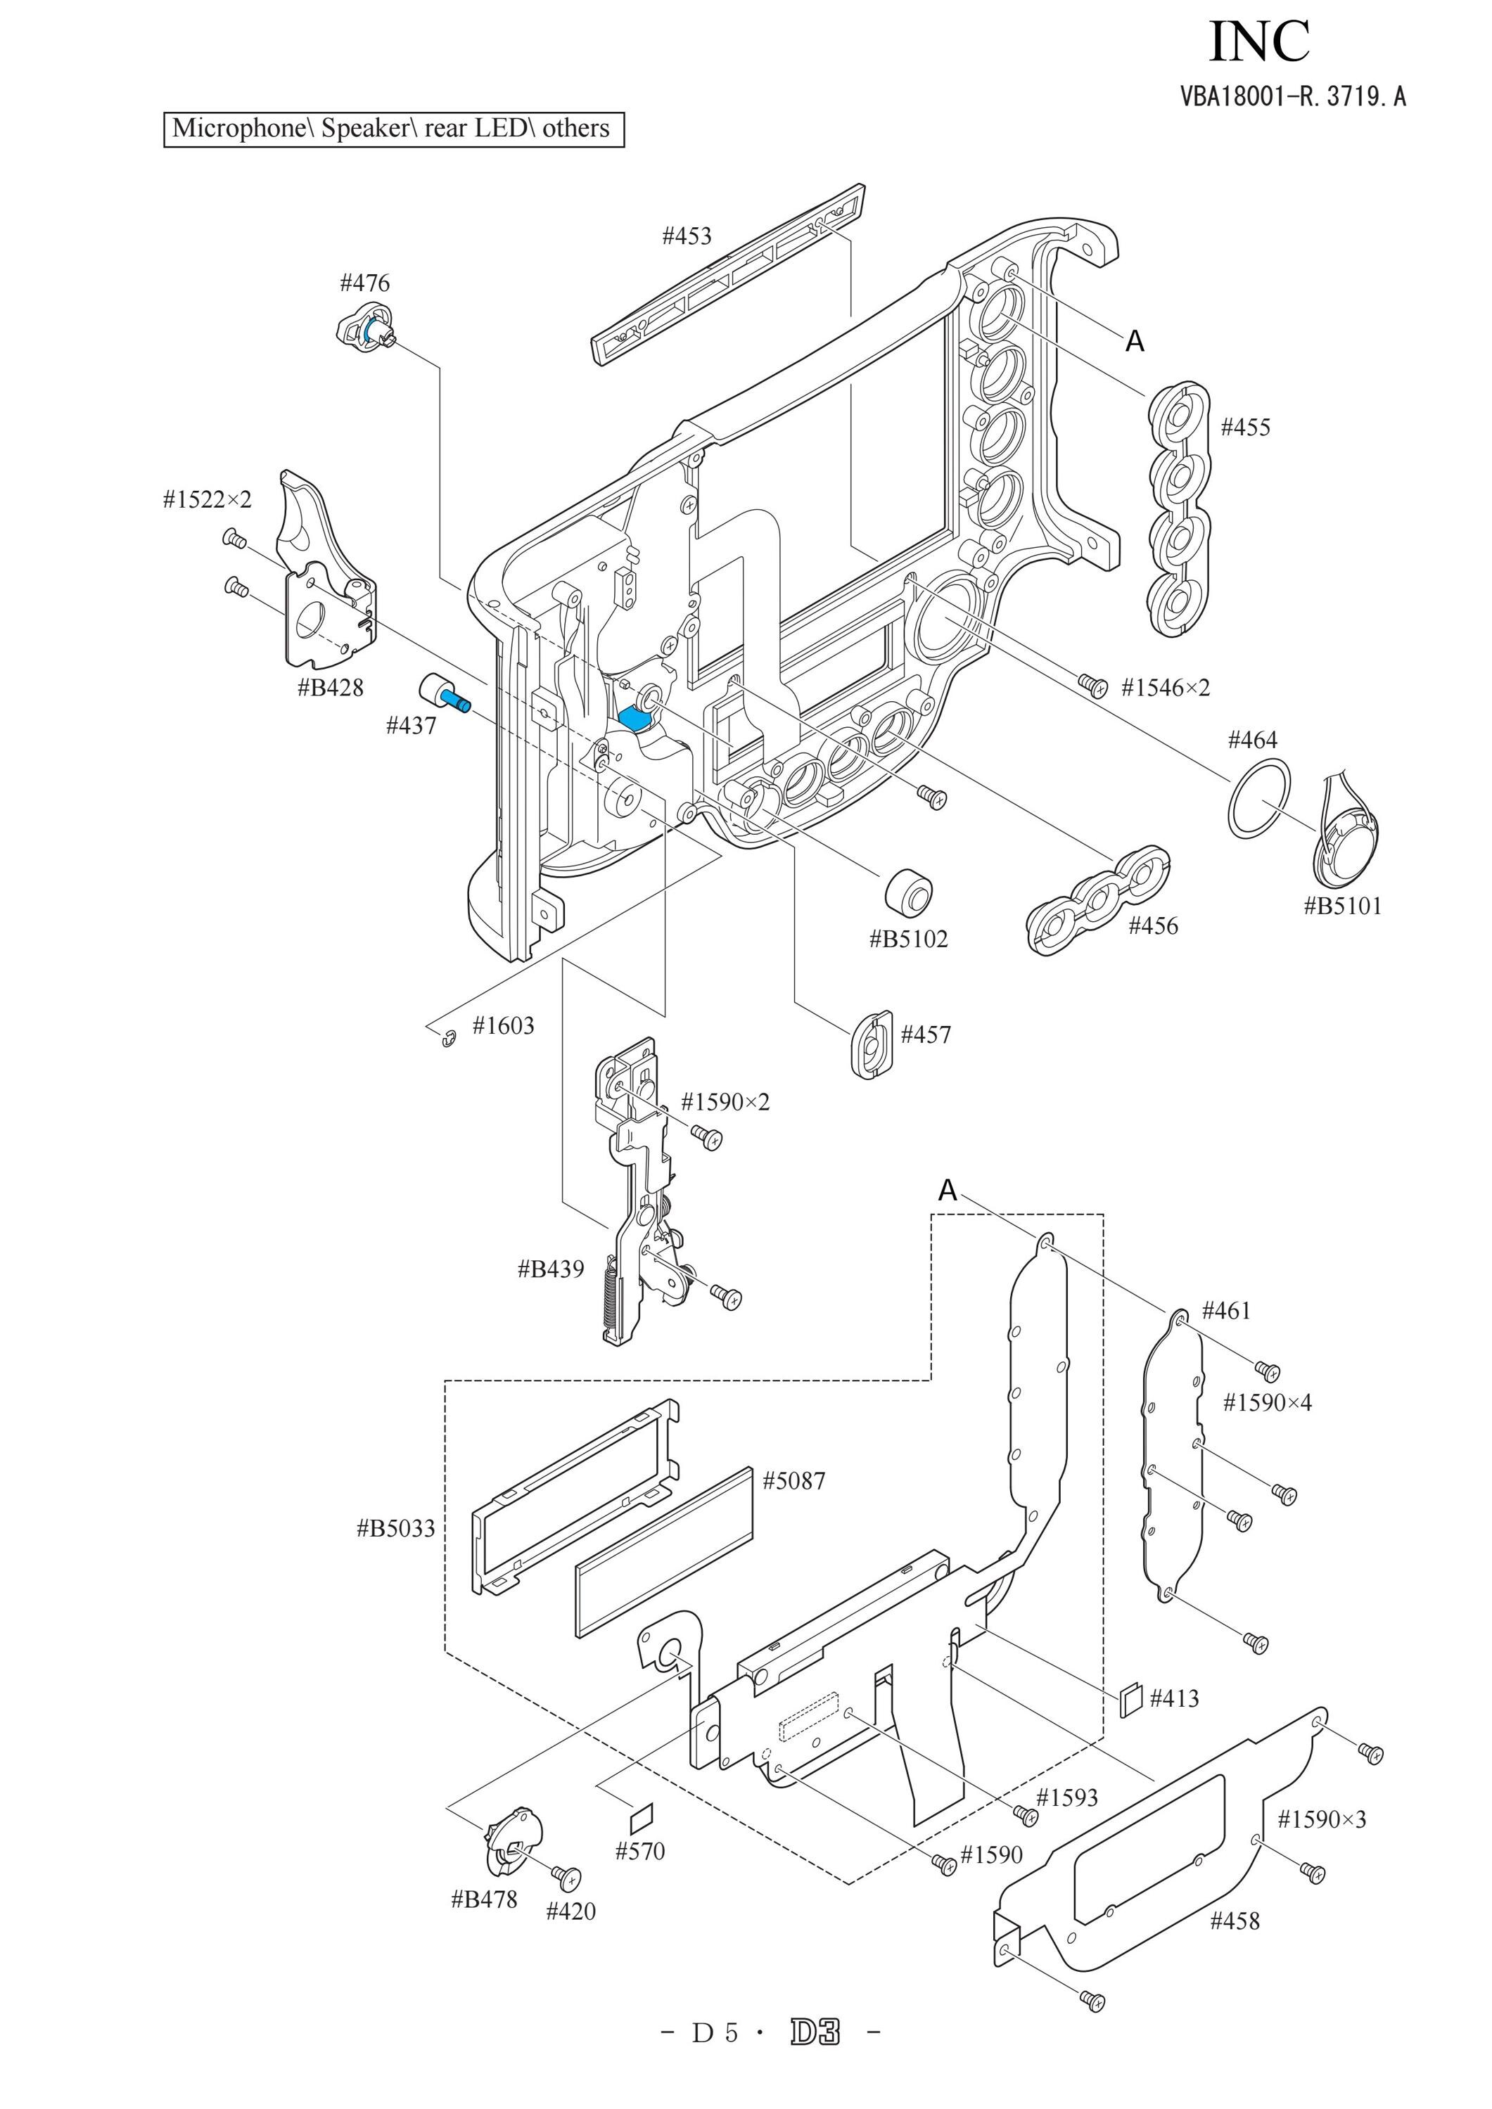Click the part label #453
687,236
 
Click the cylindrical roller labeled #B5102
909,890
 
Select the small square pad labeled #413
1132,1698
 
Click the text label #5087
795,1481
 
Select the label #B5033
396,1528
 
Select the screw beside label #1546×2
1092,684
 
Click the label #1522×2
207,500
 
